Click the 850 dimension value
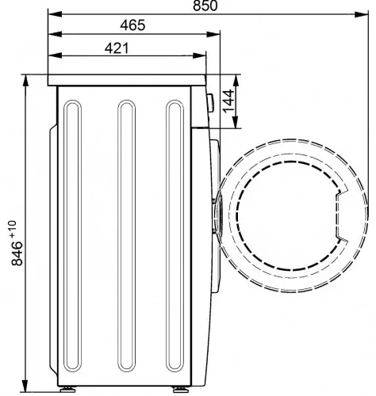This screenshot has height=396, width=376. [205, 6]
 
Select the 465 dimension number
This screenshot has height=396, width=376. [132, 25]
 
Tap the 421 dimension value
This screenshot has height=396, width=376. [117, 48]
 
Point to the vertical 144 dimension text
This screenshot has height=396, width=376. [228, 101]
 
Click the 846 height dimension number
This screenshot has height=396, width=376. [17, 253]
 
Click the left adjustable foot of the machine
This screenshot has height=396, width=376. [67, 390]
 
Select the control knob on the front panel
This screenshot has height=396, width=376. [211, 103]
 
